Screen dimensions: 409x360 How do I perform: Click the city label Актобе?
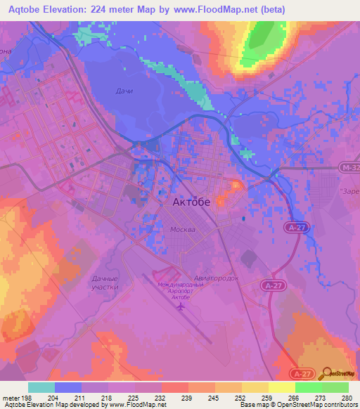click(192, 202)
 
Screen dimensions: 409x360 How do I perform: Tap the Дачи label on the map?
click(124, 91)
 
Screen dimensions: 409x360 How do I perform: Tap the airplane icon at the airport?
click(181, 306)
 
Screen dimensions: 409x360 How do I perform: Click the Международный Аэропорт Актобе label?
click(181, 290)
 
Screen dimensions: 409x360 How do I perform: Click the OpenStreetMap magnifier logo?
click(328, 373)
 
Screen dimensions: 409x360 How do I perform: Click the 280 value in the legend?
click(347, 397)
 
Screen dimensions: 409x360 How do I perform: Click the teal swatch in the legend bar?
click(41, 387)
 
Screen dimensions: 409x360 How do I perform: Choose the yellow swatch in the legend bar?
click(281, 387)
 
